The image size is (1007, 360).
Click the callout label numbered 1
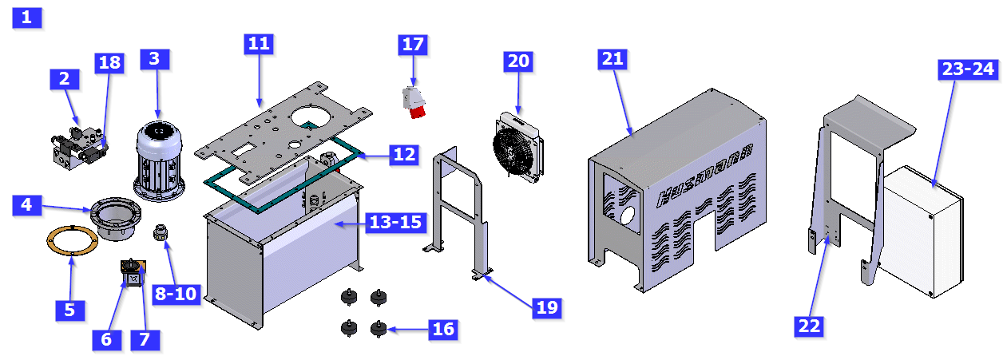point(27,18)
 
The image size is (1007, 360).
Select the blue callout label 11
point(258,44)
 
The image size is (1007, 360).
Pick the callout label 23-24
point(968,69)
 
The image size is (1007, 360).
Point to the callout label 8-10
point(175,294)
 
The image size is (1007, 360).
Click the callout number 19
point(546,307)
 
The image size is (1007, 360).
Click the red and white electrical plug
point(414,102)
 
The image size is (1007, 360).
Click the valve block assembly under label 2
point(77,148)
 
